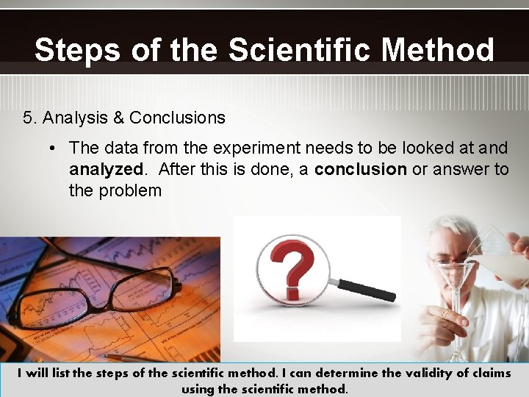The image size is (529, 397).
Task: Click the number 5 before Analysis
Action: tap(28, 118)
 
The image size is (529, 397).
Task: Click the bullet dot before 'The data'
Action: tap(54, 149)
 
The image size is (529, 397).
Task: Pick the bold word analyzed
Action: tap(107, 169)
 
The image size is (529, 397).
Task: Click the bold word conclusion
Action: tap(360, 169)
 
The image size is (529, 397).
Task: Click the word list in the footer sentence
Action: tap(60, 373)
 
